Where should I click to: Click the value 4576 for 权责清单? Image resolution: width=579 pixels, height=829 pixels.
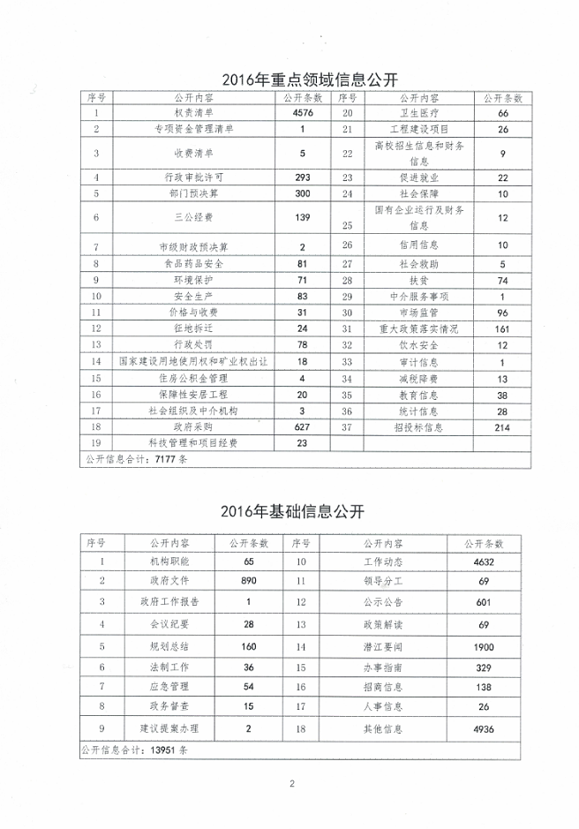point(302,113)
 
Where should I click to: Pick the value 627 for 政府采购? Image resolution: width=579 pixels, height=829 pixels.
point(302,426)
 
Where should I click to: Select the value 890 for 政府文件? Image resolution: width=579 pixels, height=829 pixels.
point(248,580)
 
